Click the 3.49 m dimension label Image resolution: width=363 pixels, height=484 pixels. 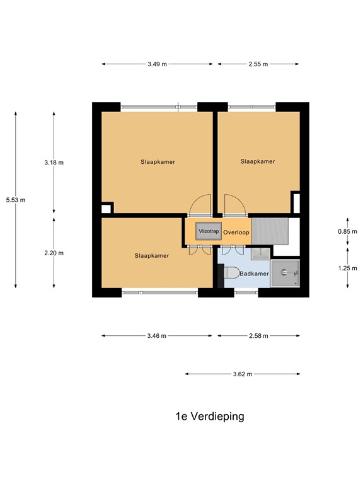(x=157, y=64)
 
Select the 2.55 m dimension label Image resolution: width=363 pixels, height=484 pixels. (x=258, y=64)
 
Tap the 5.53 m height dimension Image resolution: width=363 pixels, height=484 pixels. (x=16, y=200)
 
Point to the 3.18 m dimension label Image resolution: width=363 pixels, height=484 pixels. (x=54, y=163)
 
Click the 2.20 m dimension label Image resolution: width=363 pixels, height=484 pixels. (x=54, y=253)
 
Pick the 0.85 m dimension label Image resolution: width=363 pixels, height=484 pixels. (x=348, y=231)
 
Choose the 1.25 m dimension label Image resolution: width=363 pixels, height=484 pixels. (x=348, y=268)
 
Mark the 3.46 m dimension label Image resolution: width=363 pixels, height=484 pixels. (x=157, y=336)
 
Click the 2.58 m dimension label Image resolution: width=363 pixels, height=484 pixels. (x=258, y=336)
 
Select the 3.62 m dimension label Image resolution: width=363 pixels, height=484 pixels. (x=243, y=374)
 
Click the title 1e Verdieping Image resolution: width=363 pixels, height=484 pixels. (x=210, y=417)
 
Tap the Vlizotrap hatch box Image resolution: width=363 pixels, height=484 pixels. (x=209, y=231)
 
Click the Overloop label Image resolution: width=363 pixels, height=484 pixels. (x=236, y=233)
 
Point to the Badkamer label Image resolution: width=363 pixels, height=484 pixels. (x=254, y=274)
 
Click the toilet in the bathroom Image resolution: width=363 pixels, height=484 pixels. (x=231, y=272)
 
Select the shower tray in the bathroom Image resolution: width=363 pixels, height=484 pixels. (x=285, y=274)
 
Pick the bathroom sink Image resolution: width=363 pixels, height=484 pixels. (x=260, y=254)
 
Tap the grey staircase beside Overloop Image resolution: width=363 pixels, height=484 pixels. (x=270, y=231)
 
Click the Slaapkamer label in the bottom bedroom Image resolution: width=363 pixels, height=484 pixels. (x=152, y=256)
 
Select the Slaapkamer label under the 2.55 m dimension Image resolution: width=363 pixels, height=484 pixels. (x=258, y=161)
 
